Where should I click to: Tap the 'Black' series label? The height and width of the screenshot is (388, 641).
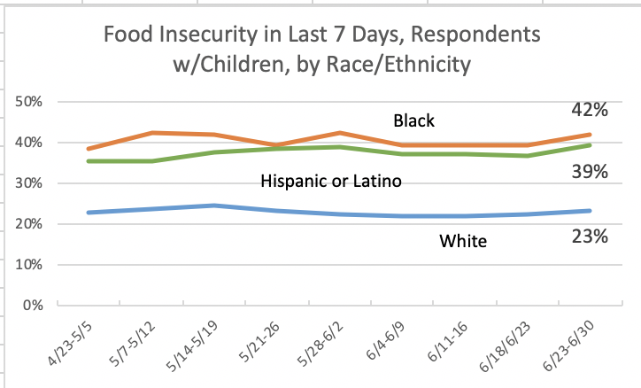tap(415, 120)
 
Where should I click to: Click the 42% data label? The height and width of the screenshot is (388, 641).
tap(588, 111)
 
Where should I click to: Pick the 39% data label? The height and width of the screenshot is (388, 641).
tap(588, 171)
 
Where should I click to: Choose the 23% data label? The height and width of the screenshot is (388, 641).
tap(588, 237)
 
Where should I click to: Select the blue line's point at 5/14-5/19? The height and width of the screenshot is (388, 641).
tap(213, 206)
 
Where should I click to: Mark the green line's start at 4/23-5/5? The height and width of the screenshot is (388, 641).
tap(88, 161)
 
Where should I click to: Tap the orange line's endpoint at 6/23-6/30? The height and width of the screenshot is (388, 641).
tap(591, 135)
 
